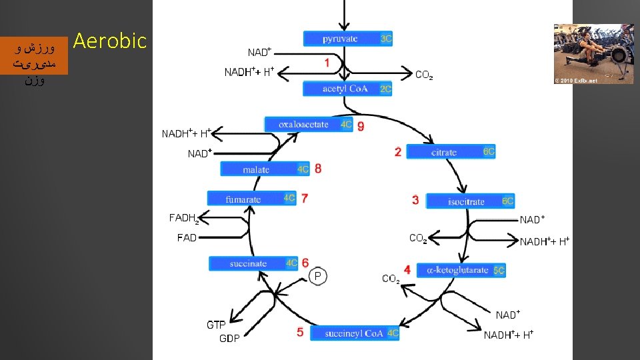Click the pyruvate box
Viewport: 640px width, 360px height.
pos(348,39)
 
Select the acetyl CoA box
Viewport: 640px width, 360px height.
pos(347,89)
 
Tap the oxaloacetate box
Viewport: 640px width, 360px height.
pos(309,125)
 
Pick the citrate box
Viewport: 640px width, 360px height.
pos(451,153)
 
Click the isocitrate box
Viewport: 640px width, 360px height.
pos(470,201)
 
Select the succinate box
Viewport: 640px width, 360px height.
pos(254,263)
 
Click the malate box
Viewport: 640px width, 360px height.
pos(265,169)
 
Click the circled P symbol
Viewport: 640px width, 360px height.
pos(318,275)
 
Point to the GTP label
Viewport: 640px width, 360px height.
pos(216,325)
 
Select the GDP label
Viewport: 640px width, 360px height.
pos(229,338)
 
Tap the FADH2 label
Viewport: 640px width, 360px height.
pos(183,218)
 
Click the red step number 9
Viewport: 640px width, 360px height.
pos(361,126)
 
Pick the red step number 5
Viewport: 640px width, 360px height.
pos(300,332)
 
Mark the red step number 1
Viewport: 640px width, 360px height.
pos(327,63)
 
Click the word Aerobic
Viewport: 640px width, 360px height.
pos(109,41)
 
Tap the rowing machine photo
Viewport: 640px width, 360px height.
pos(593,53)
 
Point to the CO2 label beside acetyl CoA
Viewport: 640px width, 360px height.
pos(424,75)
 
